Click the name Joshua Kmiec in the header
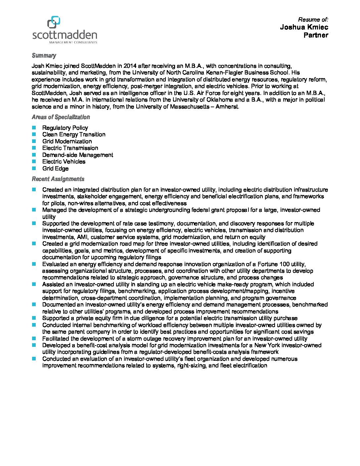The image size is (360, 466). tap(304, 27)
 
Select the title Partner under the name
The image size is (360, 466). tap(316, 35)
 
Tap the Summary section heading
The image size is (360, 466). tap(44, 56)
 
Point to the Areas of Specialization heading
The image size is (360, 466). tap(61, 117)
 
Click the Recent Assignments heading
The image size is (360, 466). tap(58, 179)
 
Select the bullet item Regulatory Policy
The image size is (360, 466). tap(65, 128)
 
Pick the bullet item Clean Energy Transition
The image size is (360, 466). tap(74, 134)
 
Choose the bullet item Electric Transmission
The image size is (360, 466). tap(70, 148)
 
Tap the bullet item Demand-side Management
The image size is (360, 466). tap(77, 155)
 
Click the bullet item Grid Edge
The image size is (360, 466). tap(55, 168)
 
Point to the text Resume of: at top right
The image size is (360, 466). tap(313, 20)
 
